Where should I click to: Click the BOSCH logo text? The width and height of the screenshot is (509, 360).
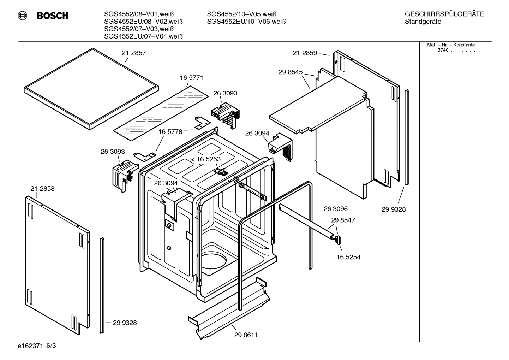[52, 16]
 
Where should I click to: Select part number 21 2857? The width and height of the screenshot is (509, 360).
[134, 53]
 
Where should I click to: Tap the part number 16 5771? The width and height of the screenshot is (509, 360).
[192, 78]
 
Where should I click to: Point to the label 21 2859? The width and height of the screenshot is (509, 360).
[305, 53]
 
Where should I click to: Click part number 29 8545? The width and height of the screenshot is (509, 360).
[291, 72]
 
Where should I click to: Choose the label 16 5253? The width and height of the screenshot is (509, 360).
[209, 159]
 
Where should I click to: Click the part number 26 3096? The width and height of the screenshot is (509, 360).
[335, 209]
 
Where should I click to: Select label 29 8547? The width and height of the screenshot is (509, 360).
[343, 220]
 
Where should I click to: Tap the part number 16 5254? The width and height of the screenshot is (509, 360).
[348, 257]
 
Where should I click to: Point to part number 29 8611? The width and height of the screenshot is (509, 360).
[246, 335]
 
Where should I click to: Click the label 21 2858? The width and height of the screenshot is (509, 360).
[42, 189]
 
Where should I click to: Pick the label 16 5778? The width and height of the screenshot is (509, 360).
[170, 132]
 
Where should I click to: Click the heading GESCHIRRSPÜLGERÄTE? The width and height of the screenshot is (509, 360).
[444, 14]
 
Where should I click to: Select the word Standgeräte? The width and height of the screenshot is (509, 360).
[423, 22]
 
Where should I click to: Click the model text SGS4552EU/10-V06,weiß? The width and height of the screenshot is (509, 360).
[246, 22]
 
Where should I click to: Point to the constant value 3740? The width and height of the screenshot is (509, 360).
[443, 50]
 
